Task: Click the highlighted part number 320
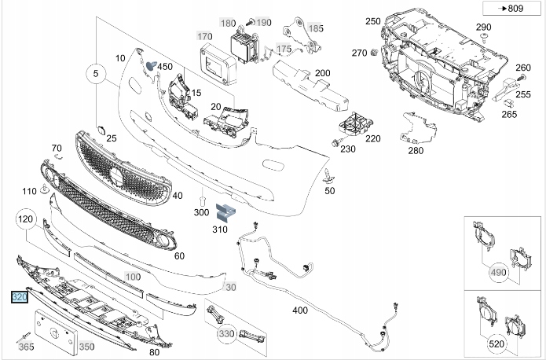click(x=19, y=298)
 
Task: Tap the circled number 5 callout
click(x=95, y=75)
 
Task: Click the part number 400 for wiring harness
click(x=300, y=310)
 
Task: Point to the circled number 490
click(x=498, y=272)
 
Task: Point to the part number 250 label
click(x=372, y=21)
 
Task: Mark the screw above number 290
click(x=485, y=38)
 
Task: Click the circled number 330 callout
click(x=227, y=335)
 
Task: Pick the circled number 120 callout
click(x=26, y=219)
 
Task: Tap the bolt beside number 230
click(x=335, y=143)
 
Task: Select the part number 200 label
click(x=322, y=73)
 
